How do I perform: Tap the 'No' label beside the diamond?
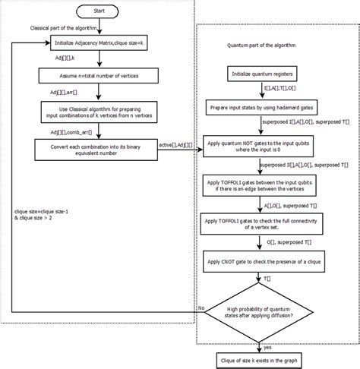[201, 308]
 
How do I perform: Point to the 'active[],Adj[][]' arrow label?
[174, 140]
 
